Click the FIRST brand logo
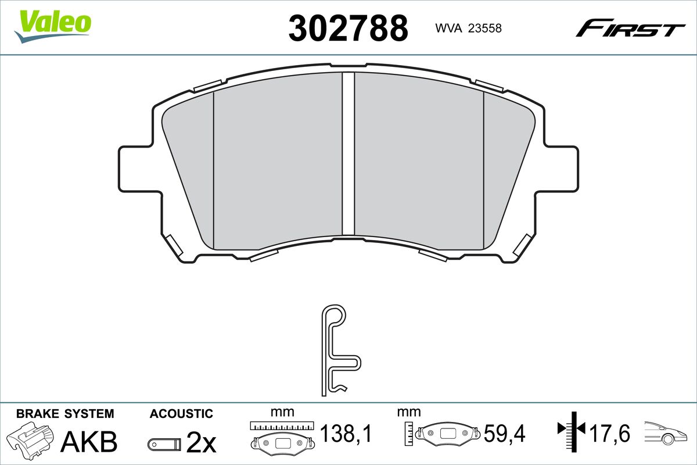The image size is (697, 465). (x=630, y=28)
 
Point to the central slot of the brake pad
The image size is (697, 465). (x=348, y=154)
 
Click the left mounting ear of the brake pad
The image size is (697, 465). (x=136, y=169)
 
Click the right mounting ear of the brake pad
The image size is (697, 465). (x=561, y=169)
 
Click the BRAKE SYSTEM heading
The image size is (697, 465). (x=65, y=414)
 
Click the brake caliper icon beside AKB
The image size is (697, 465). (x=30, y=441)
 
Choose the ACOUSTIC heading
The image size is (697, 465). (x=181, y=414)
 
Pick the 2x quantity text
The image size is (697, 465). (x=201, y=443)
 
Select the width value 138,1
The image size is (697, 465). (x=346, y=433)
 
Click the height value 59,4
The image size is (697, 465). (x=504, y=433)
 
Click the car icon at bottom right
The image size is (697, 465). (x=668, y=433)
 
